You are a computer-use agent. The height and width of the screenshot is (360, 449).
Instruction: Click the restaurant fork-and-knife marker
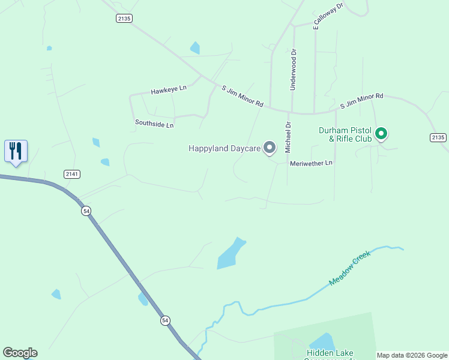point(16,151)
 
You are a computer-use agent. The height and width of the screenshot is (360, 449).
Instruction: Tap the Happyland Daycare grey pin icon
point(270,147)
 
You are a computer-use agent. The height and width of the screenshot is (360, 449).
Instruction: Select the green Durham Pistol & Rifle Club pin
point(381,133)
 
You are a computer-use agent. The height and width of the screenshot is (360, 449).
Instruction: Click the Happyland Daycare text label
point(224,148)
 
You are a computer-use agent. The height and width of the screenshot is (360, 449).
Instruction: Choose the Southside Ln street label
point(154,124)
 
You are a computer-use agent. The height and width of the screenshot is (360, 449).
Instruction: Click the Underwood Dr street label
point(294,69)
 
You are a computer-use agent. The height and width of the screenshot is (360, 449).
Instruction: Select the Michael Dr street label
point(288,136)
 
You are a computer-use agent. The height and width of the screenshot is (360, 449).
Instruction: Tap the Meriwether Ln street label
point(311,163)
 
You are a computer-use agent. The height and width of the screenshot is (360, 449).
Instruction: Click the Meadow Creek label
point(350,268)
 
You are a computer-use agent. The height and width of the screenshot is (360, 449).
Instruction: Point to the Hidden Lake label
point(330,353)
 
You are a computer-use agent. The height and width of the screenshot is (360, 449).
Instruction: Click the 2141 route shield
point(72,174)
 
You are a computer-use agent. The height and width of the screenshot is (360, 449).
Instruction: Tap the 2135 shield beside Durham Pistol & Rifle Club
point(438,137)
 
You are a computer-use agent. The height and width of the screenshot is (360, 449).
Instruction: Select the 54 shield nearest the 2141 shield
point(87,211)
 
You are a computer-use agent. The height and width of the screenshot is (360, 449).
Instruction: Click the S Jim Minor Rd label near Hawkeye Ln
point(243,96)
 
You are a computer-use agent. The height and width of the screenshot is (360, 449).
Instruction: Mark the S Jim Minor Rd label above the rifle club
point(361,100)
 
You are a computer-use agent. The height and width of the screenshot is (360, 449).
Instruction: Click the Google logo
point(20,353)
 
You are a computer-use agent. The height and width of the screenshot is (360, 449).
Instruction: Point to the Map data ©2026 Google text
point(412,355)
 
